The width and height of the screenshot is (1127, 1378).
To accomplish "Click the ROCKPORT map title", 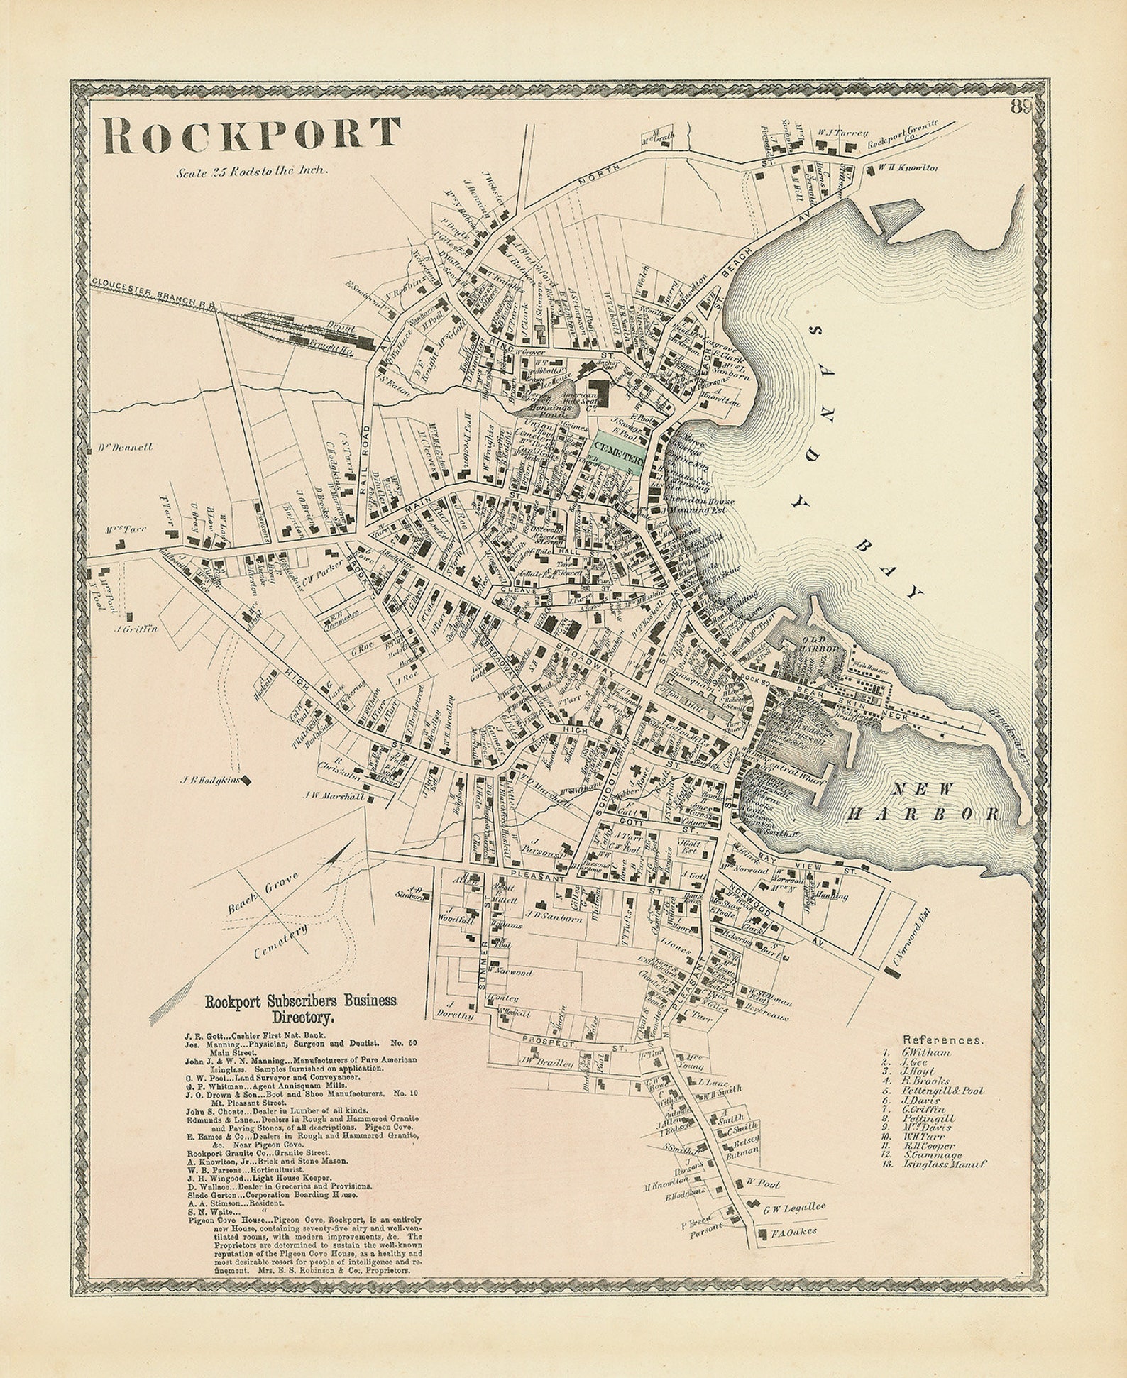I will click(252, 135).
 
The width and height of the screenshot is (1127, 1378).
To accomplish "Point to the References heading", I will click(943, 1040).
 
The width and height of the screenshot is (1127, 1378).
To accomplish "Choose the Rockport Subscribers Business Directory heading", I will click(300, 1008).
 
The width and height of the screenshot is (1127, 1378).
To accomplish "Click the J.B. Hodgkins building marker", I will click(248, 781).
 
